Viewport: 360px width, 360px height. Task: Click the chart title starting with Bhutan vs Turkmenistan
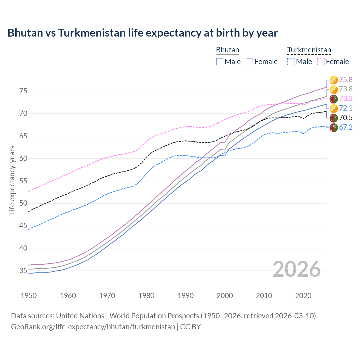click(x=142, y=33)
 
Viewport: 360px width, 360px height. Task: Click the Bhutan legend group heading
click(x=227, y=50)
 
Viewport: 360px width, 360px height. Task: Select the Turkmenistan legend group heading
click(x=309, y=50)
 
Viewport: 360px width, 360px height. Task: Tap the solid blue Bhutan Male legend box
click(x=220, y=62)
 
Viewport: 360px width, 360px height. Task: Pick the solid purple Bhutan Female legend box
click(x=249, y=62)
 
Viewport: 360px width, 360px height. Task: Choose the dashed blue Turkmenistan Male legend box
click(x=291, y=62)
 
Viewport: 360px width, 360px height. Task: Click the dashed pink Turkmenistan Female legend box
click(x=321, y=62)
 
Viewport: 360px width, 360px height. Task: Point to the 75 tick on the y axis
click(x=23, y=91)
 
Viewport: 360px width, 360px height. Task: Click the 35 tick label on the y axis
click(x=23, y=271)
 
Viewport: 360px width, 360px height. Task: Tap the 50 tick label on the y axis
click(x=23, y=203)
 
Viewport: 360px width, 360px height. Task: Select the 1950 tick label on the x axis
click(x=29, y=296)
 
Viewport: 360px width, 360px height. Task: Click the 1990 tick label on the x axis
click(x=186, y=296)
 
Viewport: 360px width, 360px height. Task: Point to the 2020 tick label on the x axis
click(x=303, y=296)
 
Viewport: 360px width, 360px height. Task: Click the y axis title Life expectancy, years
click(x=12, y=180)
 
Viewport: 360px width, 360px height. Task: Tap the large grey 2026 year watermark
click(x=296, y=269)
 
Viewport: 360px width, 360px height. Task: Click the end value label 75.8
click(x=346, y=80)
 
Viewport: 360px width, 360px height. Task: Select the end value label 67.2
click(x=346, y=127)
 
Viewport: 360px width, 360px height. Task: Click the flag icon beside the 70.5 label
click(x=334, y=118)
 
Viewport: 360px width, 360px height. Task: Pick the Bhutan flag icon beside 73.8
click(x=334, y=89)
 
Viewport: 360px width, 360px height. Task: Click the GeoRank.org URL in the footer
click(x=93, y=327)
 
